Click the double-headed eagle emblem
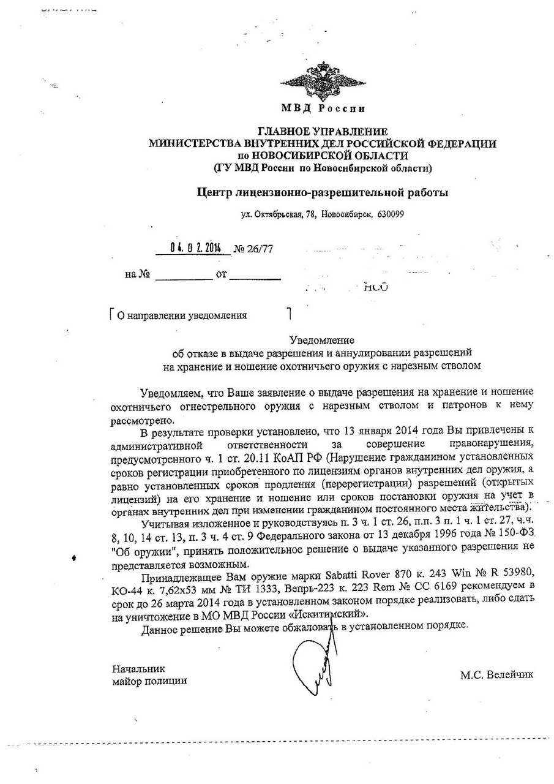(x=323, y=80)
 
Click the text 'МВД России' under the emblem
(x=323, y=109)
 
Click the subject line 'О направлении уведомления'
(x=182, y=315)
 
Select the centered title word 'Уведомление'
(x=322, y=339)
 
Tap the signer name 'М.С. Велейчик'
(x=496, y=674)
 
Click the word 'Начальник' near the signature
(x=138, y=668)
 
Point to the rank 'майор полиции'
(x=149, y=680)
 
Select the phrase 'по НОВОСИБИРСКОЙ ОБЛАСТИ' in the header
(x=322, y=155)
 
